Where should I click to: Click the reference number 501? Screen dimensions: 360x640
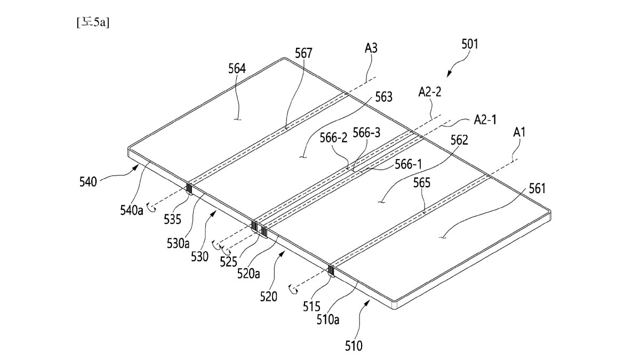[x=469, y=44]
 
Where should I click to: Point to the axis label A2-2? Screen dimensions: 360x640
[x=429, y=92]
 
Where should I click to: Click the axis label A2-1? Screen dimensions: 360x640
[x=485, y=120]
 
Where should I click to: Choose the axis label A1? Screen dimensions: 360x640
[x=519, y=132]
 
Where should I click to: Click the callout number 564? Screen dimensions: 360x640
[x=237, y=69]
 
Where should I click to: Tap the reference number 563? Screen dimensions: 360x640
[x=383, y=97]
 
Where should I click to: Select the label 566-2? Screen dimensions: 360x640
[x=333, y=138]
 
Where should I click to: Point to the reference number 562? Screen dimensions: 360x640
[x=459, y=140]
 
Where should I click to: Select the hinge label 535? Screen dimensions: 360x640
[x=172, y=219]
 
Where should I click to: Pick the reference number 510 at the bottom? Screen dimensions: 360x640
[x=353, y=347]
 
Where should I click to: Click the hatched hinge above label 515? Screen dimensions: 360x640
[x=331, y=272]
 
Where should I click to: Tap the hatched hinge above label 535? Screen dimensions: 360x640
[x=188, y=189]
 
